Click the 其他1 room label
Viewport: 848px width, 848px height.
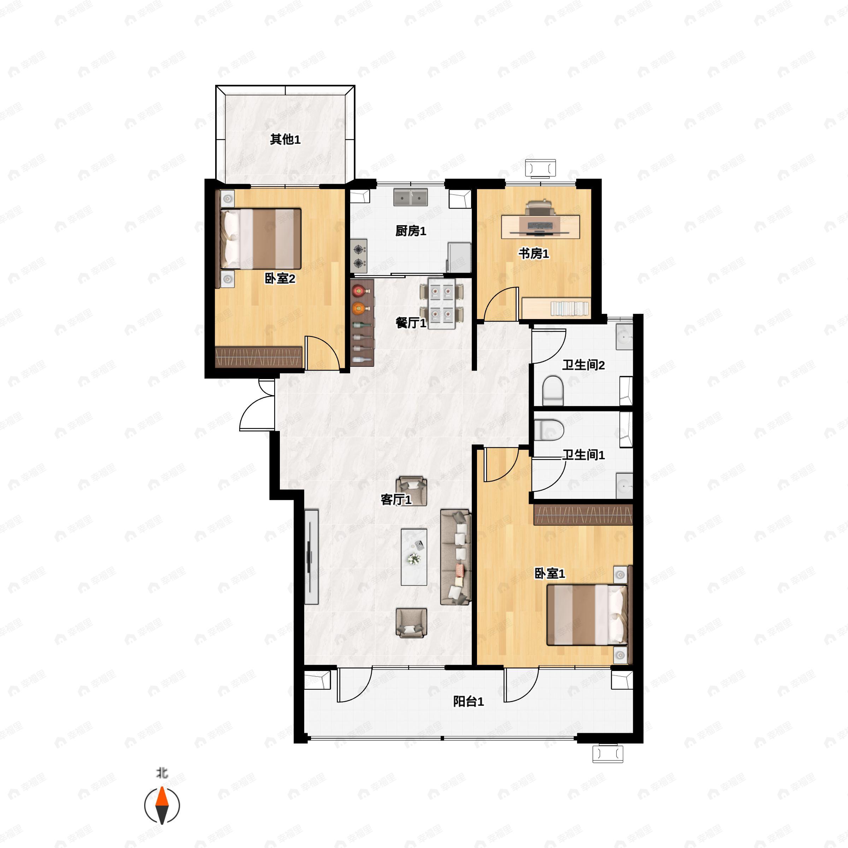pyautogui.click(x=285, y=140)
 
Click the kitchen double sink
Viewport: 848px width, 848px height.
pyautogui.click(x=410, y=198)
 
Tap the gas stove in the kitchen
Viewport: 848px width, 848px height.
pyautogui.click(x=359, y=256)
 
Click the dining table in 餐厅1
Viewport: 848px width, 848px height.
pyautogui.click(x=442, y=303)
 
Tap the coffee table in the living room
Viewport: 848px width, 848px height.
pyautogui.click(x=413, y=556)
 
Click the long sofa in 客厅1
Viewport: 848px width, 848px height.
pyautogui.click(x=455, y=556)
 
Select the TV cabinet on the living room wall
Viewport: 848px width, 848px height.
pyautogui.click(x=311, y=556)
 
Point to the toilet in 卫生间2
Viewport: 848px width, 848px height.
pyautogui.click(x=553, y=390)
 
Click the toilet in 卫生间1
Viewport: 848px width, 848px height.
pyautogui.click(x=549, y=430)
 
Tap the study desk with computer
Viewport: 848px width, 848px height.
pyautogui.click(x=540, y=226)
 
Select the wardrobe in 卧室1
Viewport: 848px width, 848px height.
pyautogui.click(x=583, y=514)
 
